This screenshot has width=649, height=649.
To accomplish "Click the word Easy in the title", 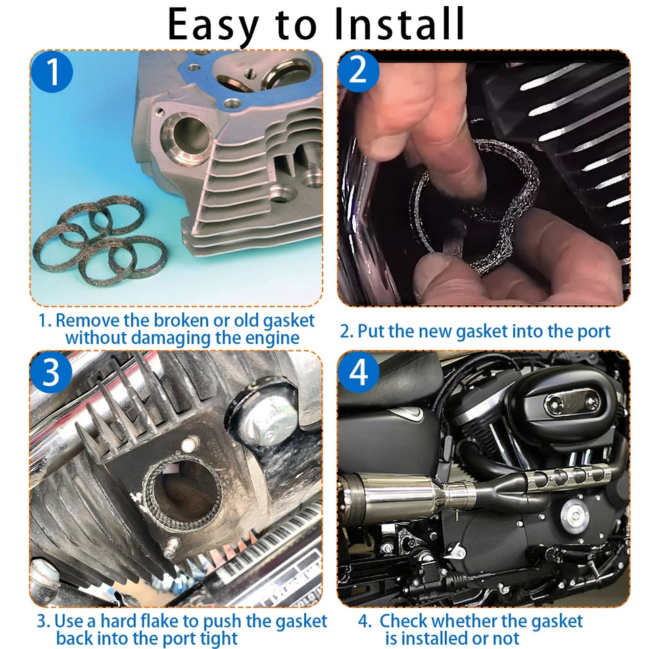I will point(214,26).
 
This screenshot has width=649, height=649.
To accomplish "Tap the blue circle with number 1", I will point(51,73).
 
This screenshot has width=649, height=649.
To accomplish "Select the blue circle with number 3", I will point(51,373).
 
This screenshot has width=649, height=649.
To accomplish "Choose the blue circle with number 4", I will point(359,373).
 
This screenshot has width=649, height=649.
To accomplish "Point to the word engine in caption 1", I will point(266,337).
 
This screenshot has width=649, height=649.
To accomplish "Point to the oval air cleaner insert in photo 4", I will point(572,403).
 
